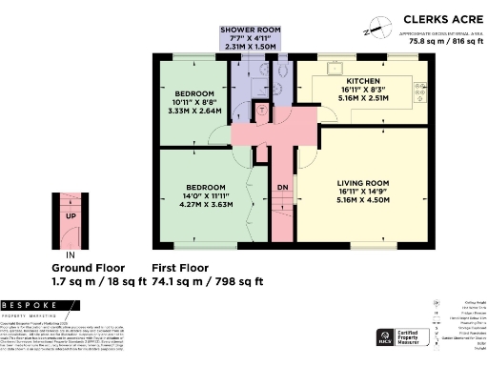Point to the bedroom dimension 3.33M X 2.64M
pos(194,112)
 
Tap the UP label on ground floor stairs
pos(71,215)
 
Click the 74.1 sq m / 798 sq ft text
pos(207,281)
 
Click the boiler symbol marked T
pos(263,111)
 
